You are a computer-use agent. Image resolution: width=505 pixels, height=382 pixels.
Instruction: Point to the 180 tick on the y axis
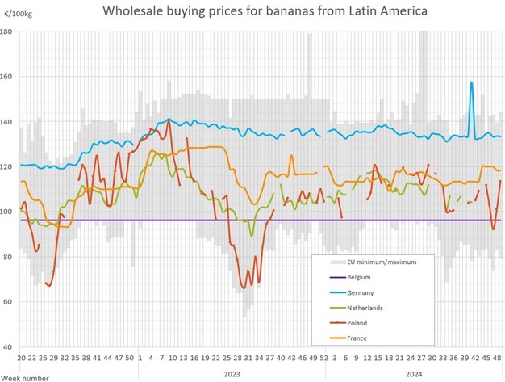pos(6,31)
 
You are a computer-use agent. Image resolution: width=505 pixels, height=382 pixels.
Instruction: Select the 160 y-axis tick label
pos(6,77)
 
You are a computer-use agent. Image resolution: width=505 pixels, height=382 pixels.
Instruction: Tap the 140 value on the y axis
pos(6,122)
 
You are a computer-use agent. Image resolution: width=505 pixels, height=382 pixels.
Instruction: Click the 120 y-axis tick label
pos(6,167)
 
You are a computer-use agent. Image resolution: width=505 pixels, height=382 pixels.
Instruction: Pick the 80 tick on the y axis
pos(8,257)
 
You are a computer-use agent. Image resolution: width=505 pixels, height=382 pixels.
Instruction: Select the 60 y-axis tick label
pos(8,302)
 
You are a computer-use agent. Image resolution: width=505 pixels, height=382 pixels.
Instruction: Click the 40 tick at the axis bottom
pos(8,347)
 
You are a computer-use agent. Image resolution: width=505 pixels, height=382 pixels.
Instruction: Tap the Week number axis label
pos(26,376)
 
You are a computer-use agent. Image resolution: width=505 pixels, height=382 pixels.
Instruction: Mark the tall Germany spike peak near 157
pos(470,82)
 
